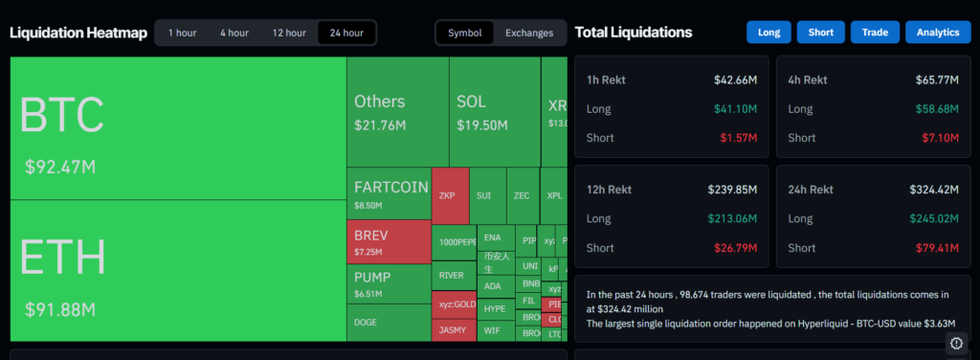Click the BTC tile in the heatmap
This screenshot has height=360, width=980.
tap(178, 128)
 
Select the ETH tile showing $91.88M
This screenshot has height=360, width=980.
tap(178, 271)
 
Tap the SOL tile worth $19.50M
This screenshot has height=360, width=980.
tap(494, 112)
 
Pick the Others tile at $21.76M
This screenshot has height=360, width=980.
tap(397, 112)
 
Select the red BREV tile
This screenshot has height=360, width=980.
tap(389, 242)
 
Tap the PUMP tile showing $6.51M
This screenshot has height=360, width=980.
tap(389, 284)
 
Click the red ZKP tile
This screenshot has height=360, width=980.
tap(450, 195)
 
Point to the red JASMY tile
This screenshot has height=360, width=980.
tap(454, 329)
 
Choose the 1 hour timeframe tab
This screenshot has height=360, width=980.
tap(182, 33)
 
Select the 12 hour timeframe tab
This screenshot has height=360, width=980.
tap(289, 33)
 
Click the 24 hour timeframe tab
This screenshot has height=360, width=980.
tap(346, 33)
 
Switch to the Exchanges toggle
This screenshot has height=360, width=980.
tap(529, 33)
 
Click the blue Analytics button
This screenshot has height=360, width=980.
tap(937, 33)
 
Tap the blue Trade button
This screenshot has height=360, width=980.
tap(874, 33)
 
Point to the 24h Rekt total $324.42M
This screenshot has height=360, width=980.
tap(932, 191)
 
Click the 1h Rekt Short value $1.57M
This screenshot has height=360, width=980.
tap(738, 138)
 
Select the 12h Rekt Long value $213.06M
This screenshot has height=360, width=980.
tap(731, 219)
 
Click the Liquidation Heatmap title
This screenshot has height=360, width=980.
tap(78, 34)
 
